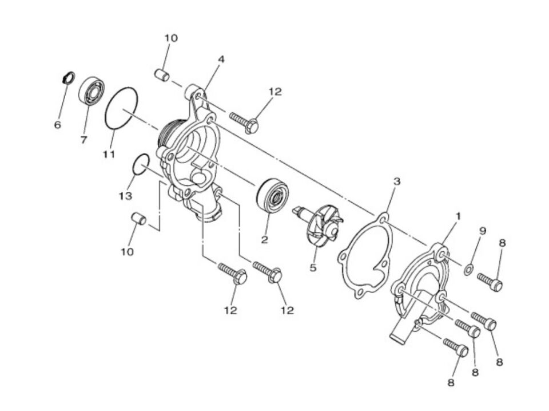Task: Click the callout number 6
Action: tap(58, 124)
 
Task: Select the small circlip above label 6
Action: tap(68, 77)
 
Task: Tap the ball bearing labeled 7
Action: tap(91, 90)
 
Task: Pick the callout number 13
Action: tap(125, 196)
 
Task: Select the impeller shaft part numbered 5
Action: tap(317, 224)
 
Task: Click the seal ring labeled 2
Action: tap(273, 196)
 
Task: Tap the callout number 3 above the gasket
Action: tap(396, 181)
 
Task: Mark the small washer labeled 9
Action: tap(468, 270)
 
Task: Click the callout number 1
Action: tap(457, 216)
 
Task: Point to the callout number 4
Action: tap(221, 59)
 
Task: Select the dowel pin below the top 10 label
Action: tap(162, 75)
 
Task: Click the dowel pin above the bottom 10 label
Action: tap(138, 218)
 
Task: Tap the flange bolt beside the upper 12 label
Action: tap(244, 122)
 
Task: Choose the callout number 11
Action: tap(109, 154)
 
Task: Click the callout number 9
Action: tap(483, 231)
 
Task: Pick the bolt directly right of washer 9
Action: tap(490, 282)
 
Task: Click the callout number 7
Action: tap(83, 140)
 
